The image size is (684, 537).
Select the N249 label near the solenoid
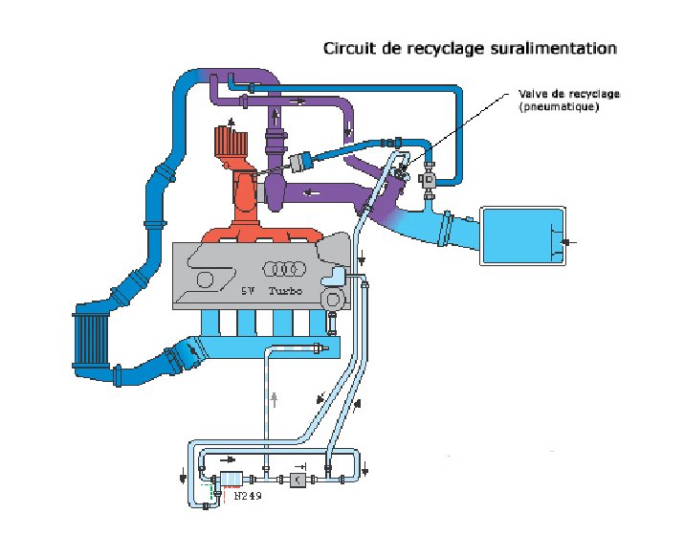(x=248, y=496)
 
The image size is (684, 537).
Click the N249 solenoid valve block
(x=232, y=480)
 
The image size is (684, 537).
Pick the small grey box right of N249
(x=298, y=480)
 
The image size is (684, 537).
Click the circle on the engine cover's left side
(x=205, y=280)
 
